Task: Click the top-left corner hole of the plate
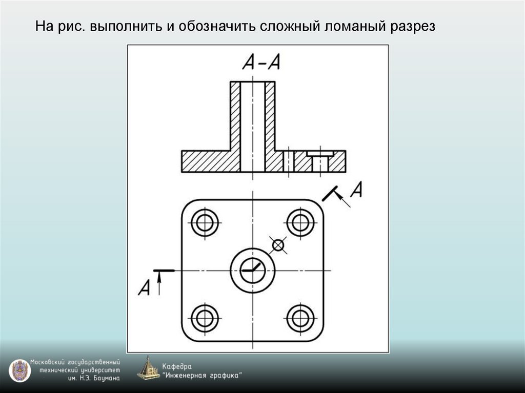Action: coord(205,222)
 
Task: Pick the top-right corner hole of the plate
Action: coord(300,222)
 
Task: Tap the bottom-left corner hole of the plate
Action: coord(205,318)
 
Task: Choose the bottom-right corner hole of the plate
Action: coord(300,318)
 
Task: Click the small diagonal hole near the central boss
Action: coord(278,245)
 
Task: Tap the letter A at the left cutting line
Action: coord(144,287)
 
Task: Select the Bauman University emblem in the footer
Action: coord(19,370)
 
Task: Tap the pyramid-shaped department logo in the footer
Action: coord(149,368)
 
